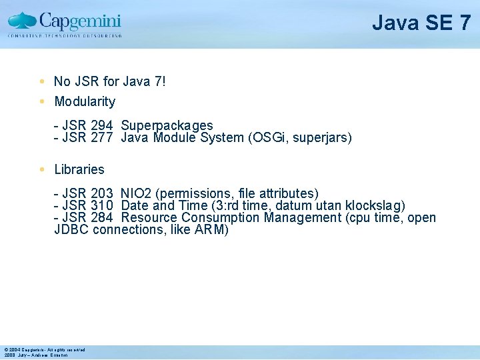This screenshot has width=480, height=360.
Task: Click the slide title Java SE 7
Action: pyautogui.click(x=421, y=23)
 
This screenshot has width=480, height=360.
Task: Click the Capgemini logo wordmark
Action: pyautogui.click(x=80, y=20)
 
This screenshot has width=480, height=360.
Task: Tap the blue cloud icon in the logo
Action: pyautogui.click(x=21, y=20)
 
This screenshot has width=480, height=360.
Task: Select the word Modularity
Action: pyautogui.click(x=85, y=102)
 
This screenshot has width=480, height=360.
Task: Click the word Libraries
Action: pyautogui.click(x=79, y=169)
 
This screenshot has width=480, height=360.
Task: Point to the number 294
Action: pyautogui.click(x=101, y=125)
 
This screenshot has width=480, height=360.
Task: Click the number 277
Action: pyautogui.click(x=101, y=138)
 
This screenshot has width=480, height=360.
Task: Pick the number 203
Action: pyautogui.click(x=101, y=194)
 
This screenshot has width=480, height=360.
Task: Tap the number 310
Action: pyautogui.click(x=101, y=206)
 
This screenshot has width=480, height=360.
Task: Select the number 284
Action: pyautogui.click(x=101, y=218)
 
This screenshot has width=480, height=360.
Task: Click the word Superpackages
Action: pyautogui.click(x=167, y=125)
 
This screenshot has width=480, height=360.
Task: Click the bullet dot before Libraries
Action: pyautogui.click(x=42, y=169)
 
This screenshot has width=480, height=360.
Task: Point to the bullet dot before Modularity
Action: pyautogui.click(x=42, y=102)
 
